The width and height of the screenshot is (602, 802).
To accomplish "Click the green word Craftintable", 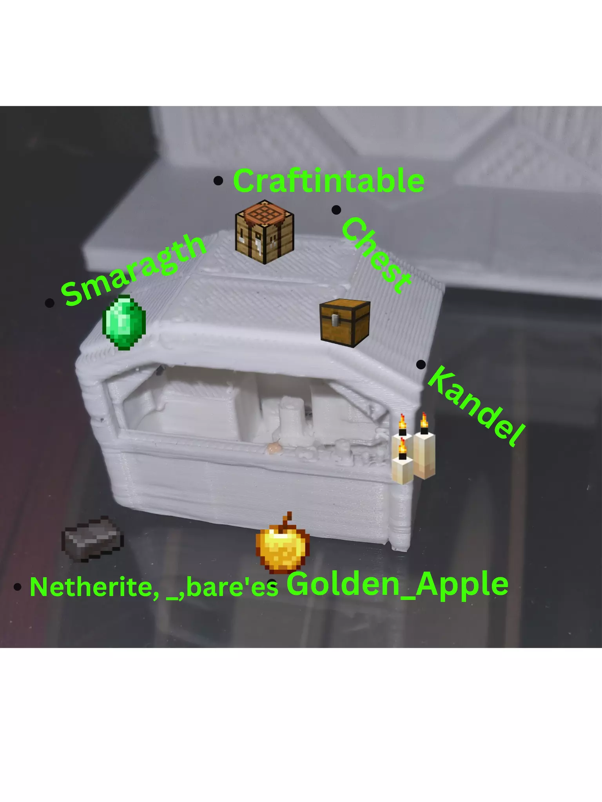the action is (328, 181).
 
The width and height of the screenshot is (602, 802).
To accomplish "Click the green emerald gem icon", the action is (124, 322).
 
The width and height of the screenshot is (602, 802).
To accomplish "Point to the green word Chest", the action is (376, 255).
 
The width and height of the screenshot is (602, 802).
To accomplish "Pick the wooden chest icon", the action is (345, 323).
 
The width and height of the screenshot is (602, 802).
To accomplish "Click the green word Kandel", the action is (476, 406).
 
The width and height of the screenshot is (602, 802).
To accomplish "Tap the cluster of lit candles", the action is (413, 448).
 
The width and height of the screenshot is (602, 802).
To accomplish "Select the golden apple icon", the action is (282, 541).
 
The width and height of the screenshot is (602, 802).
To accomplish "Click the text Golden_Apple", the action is (397, 584).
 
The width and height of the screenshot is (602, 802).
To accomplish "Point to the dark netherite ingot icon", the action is (93, 539).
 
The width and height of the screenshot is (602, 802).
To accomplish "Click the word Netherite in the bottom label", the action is (94, 587).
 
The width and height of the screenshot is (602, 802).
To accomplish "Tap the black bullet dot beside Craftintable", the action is (218, 181).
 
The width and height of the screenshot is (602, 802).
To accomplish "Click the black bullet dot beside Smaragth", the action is (49, 303).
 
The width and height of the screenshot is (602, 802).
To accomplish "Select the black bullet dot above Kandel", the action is (421, 365).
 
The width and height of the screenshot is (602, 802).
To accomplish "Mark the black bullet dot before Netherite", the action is (17, 587).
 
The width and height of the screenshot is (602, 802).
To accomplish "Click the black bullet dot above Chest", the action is (336, 210).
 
